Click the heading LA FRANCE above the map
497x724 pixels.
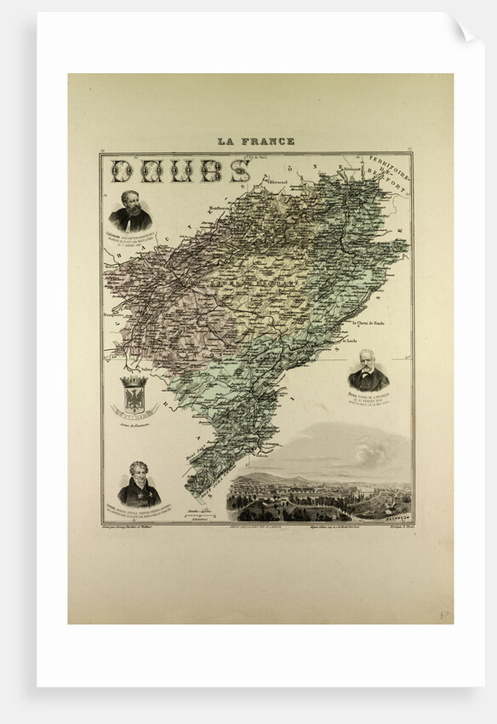[255, 141]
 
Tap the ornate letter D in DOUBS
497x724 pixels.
[124, 171]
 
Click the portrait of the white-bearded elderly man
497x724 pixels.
[368, 369]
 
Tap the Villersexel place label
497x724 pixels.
[277, 181]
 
